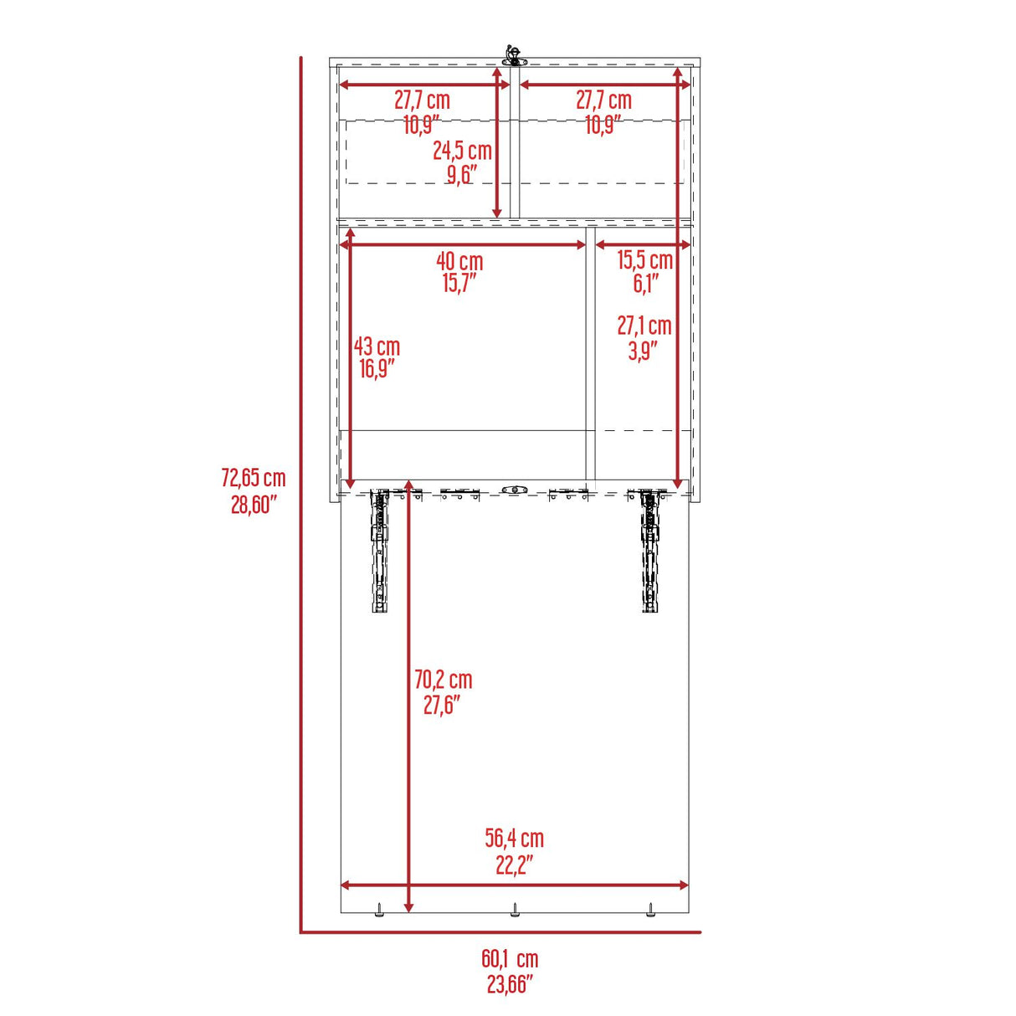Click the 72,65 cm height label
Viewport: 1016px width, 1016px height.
pyautogui.click(x=253, y=478)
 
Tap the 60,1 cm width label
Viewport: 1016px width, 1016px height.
pyautogui.click(x=510, y=959)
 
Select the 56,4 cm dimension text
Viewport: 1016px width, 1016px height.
pyautogui.click(x=514, y=838)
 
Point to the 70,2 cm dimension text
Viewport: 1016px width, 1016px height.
pyautogui.click(x=443, y=680)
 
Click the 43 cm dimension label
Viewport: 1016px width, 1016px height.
pyautogui.click(x=377, y=346)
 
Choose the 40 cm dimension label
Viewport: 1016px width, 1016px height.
pyautogui.click(x=459, y=261)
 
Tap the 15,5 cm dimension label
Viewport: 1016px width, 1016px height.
pyautogui.click(x=644, y=260)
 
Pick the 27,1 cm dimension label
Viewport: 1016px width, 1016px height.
pyautogui.click(x=644, y=326)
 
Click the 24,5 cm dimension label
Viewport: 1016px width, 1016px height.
pyautogui.click(x=462, y=151)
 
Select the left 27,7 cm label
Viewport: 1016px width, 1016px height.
pyautogui.click(x=423, y=100)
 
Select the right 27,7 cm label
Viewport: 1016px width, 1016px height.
pyautogui.click(x=603, y=100)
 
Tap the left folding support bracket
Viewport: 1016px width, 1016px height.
pyautogui.click(x=381, y=549)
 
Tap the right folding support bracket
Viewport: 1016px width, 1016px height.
pyautogui.click(x=649, y=549)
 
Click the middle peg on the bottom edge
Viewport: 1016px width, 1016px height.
pyautogui.click(x=515, y=909)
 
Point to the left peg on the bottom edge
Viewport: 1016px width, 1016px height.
pyautogui.click(x=378, y=909)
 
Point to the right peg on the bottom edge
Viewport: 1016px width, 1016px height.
pyautogui.click(x=649, y=909)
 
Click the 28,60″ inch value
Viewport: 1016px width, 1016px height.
pyautogui.click(x=254, y=505)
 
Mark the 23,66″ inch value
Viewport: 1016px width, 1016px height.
pyautogui.click(x=510, y=985)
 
